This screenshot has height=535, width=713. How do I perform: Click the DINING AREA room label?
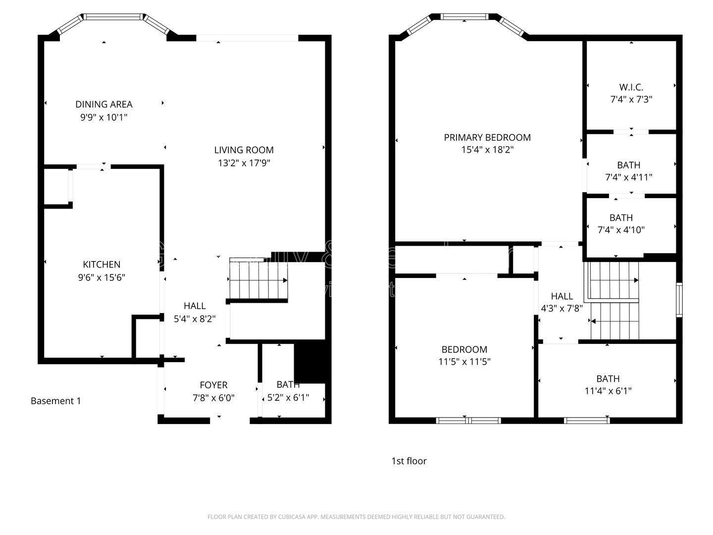(103, 104)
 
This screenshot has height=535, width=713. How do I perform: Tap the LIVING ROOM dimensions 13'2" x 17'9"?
(244, 162)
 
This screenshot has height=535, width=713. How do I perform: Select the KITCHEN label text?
(102, 265)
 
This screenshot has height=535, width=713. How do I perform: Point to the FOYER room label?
(213, 385)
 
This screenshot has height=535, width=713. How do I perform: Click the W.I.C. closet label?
(631, 87)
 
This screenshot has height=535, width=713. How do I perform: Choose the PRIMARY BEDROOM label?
(487, 137)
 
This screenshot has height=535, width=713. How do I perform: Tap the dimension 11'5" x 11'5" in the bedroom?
(464, 362)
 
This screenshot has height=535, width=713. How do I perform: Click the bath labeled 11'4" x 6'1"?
(608, 391)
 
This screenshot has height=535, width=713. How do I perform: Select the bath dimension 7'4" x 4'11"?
(628, 177)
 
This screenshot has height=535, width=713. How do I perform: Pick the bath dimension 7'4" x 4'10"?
(621, 230)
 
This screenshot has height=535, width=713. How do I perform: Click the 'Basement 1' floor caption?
(55, 401)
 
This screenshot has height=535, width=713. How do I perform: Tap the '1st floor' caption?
(409, 461)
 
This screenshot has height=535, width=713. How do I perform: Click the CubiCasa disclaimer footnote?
(356, 517)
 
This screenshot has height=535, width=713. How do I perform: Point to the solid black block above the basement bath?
(309, 363)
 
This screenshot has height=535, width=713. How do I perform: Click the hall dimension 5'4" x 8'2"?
(195, 319)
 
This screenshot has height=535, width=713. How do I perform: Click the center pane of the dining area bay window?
(113, 17)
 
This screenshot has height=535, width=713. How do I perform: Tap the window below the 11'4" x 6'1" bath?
(587, 421)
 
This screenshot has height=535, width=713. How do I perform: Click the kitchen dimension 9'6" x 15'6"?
(102, 277)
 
